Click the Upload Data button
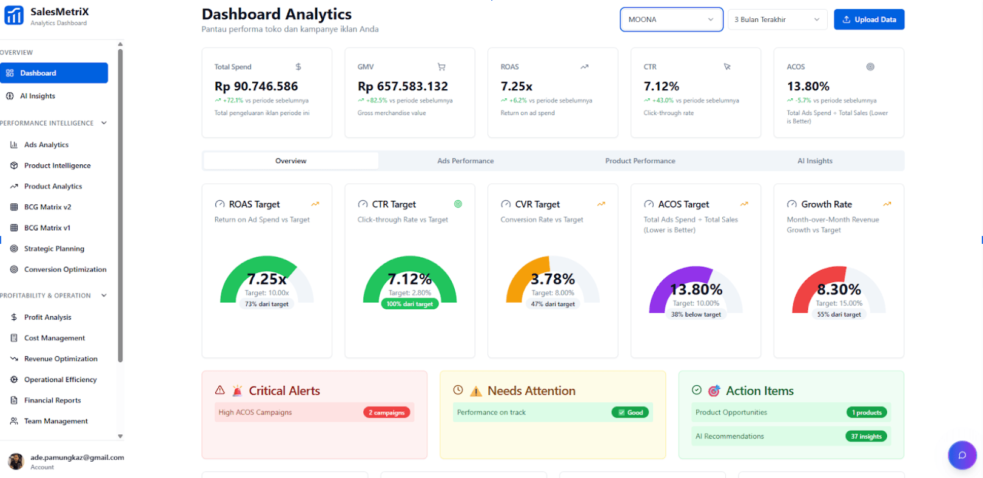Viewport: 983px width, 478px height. (868, 19)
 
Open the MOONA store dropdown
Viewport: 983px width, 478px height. (671, 19)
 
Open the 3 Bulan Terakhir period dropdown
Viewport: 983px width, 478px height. (777, 19)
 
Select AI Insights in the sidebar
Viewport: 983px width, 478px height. (38, 96)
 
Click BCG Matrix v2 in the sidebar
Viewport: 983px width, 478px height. (47, 207)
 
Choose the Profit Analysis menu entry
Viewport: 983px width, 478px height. (47, 317)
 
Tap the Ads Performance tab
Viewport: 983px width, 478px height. (465, 161)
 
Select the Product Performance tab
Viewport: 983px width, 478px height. (640, 161)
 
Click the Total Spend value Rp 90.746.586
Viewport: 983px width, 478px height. (256, 86)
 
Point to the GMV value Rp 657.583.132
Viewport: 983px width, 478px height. (403, 86)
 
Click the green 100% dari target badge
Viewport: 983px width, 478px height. (409, 304)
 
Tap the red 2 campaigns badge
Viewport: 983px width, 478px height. (386, 412)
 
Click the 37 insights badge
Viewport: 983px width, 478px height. (866, 436)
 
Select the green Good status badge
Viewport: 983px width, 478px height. (631, 412)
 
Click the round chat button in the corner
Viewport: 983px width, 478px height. (962, 455)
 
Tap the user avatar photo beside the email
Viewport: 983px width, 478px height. (16, 462)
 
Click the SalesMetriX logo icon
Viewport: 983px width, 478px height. (14, 15)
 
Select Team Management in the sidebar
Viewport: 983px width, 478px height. (56, 421)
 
